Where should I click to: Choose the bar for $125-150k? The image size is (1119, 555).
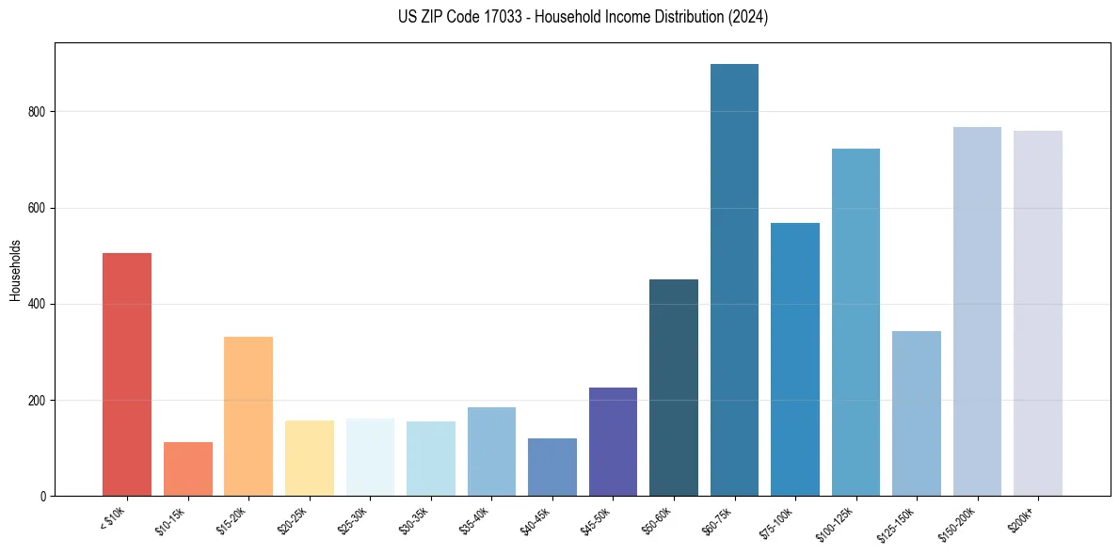917,413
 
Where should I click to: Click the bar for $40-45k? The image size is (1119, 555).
552,467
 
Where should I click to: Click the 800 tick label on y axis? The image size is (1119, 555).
37,112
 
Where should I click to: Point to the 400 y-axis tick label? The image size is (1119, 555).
37,304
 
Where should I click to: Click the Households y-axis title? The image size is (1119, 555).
15,270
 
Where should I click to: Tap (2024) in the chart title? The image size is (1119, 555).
748,17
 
